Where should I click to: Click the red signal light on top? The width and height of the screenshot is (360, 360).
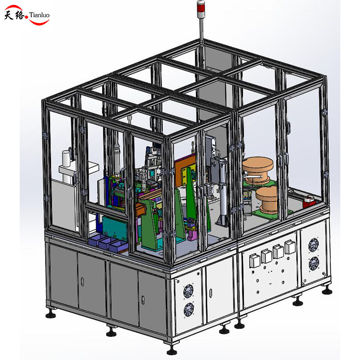click(201, 6)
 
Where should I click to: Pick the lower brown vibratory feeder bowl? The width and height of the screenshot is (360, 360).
click(268, 197)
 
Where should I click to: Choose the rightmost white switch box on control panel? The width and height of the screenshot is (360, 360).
click(289, 247)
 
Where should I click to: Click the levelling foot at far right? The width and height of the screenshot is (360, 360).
click(328, 289)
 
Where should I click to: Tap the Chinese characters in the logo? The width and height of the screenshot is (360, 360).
click(16, 15)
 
